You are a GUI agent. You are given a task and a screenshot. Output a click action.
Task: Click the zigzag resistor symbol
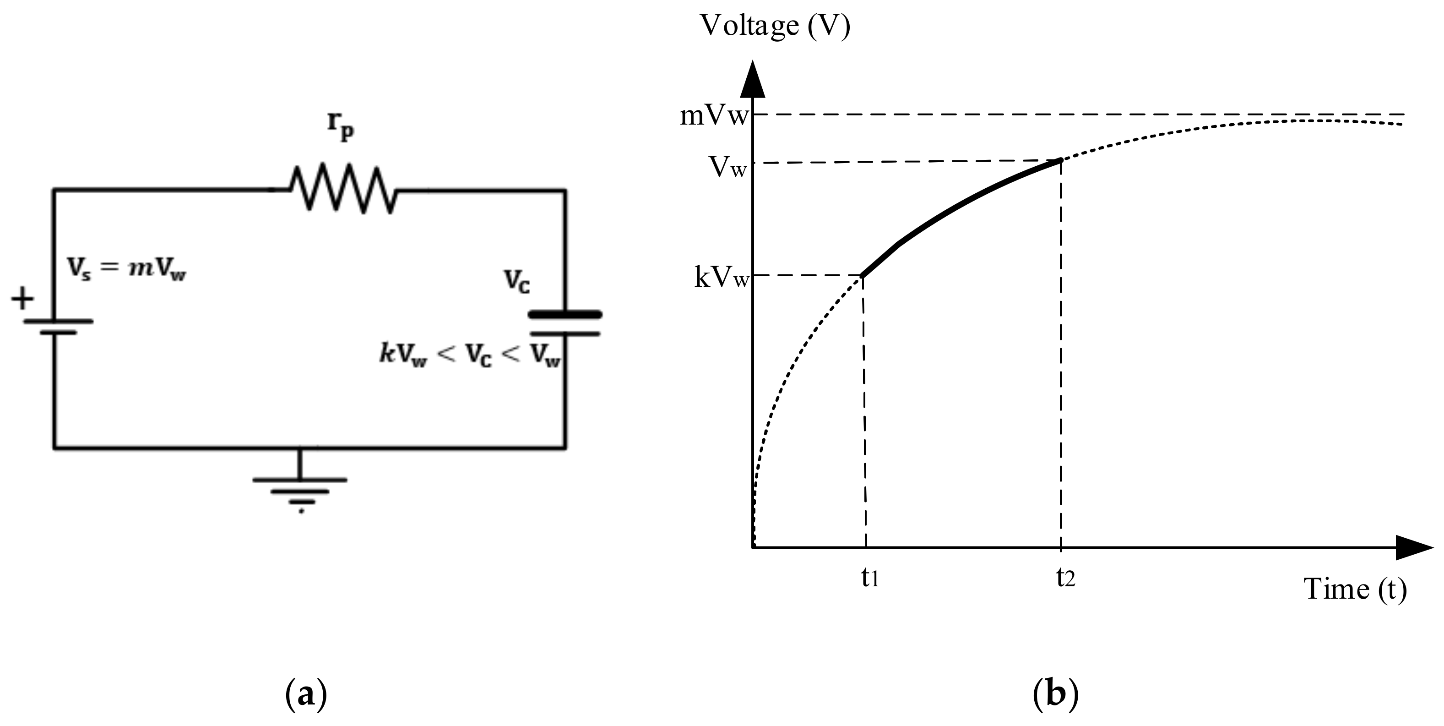[x=342, y=188]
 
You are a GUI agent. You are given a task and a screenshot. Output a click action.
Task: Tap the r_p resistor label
[x=341, y=128]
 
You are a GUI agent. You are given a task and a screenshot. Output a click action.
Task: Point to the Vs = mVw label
[x=126, y=269]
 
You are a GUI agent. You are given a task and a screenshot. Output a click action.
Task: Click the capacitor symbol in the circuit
[x=565, y=324]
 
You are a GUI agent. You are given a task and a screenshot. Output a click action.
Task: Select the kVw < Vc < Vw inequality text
[x=470, y=356]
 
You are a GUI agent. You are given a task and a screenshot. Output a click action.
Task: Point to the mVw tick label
[x=714, y=116]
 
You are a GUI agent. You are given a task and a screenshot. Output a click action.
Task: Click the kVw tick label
[x=722, y=278]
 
